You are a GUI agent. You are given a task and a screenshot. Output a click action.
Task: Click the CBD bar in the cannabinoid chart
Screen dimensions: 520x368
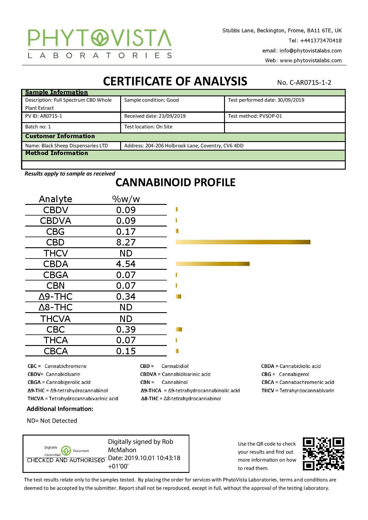coord(243,242)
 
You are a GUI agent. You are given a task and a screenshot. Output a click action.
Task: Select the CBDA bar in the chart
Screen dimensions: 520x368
coord(212,264)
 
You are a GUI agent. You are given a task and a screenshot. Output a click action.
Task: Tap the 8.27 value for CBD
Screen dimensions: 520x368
coord(126,242)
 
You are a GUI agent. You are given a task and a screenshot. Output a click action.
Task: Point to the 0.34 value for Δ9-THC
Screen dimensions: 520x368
coord(126,296)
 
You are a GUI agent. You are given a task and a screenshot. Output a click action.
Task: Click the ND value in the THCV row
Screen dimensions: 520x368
coord(126,253)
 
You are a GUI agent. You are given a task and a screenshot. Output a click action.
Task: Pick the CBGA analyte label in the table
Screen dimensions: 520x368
coord(56,275)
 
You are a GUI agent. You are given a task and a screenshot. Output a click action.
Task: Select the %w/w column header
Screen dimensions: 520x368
coord(126,199)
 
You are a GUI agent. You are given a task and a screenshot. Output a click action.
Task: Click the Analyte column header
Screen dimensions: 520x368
coord(55,199)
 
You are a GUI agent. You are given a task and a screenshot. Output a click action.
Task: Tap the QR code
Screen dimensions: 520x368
coord(323,454)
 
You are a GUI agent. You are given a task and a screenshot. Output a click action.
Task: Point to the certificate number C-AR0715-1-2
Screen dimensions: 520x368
coord(304,82)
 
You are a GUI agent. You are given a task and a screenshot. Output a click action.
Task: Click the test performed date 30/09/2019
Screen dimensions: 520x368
coord(291,100)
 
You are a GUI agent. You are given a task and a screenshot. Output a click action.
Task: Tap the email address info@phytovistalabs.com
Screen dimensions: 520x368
coord(310,51)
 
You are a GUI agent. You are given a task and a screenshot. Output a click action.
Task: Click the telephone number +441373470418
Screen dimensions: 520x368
coord(321,41)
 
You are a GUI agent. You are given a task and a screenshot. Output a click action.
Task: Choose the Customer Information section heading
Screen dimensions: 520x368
coord(60,136)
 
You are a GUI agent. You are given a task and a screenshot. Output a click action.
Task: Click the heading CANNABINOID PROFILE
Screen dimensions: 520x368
coord(175,182)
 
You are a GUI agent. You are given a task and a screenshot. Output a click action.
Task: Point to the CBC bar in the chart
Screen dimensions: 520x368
coord(179,329)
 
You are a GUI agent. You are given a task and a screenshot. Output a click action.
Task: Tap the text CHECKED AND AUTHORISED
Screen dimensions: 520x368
coord(66,460)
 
